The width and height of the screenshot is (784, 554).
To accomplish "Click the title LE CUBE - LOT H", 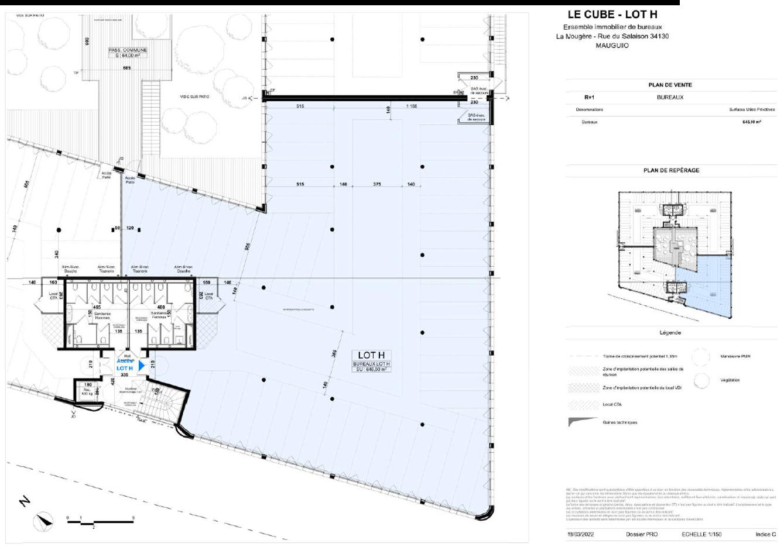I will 612,15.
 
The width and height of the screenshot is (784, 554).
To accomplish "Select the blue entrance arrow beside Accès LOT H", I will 141,366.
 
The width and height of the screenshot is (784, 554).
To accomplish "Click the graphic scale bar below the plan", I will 100,521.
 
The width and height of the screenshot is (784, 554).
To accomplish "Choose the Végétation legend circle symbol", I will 701,381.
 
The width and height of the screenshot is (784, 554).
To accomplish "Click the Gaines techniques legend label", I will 619,422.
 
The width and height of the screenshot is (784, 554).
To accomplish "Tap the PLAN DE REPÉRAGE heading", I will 671,170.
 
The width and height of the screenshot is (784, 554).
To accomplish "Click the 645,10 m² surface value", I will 751,122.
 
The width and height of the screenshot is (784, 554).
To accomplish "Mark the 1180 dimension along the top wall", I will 412,106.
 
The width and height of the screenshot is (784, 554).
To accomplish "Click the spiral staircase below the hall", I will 161,404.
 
